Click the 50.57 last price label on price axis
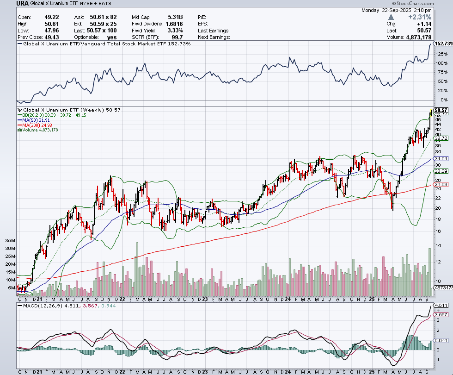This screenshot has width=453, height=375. (442, 110)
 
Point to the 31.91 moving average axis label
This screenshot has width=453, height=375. (441, 159)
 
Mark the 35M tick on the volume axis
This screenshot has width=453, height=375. (10, 241)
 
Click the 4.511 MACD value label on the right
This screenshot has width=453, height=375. (442, 305)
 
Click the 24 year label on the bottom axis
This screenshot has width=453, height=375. (288, 371)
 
